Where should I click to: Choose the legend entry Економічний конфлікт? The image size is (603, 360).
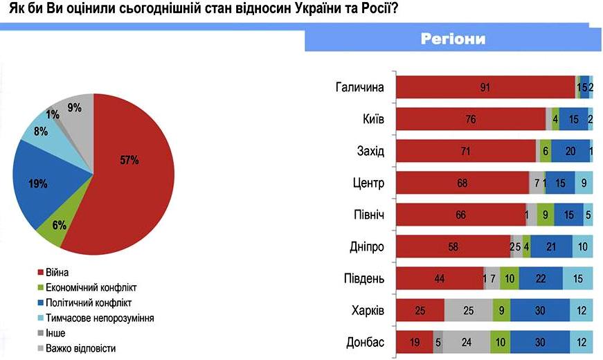point(90,287)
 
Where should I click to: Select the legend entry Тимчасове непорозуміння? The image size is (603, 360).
point(98,318)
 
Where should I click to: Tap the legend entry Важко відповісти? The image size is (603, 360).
point(79,348)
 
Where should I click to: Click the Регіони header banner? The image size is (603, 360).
point(453,39)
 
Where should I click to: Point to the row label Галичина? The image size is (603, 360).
point(359,87)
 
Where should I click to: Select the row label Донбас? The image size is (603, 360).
point(367,342)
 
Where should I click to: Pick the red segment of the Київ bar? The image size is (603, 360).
point(471,118)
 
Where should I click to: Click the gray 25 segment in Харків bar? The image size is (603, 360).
point(468,310)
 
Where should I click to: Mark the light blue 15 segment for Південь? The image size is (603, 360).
point(577,278)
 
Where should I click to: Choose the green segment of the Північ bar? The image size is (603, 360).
point(546,215)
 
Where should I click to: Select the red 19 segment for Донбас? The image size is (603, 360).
point(413,342)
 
